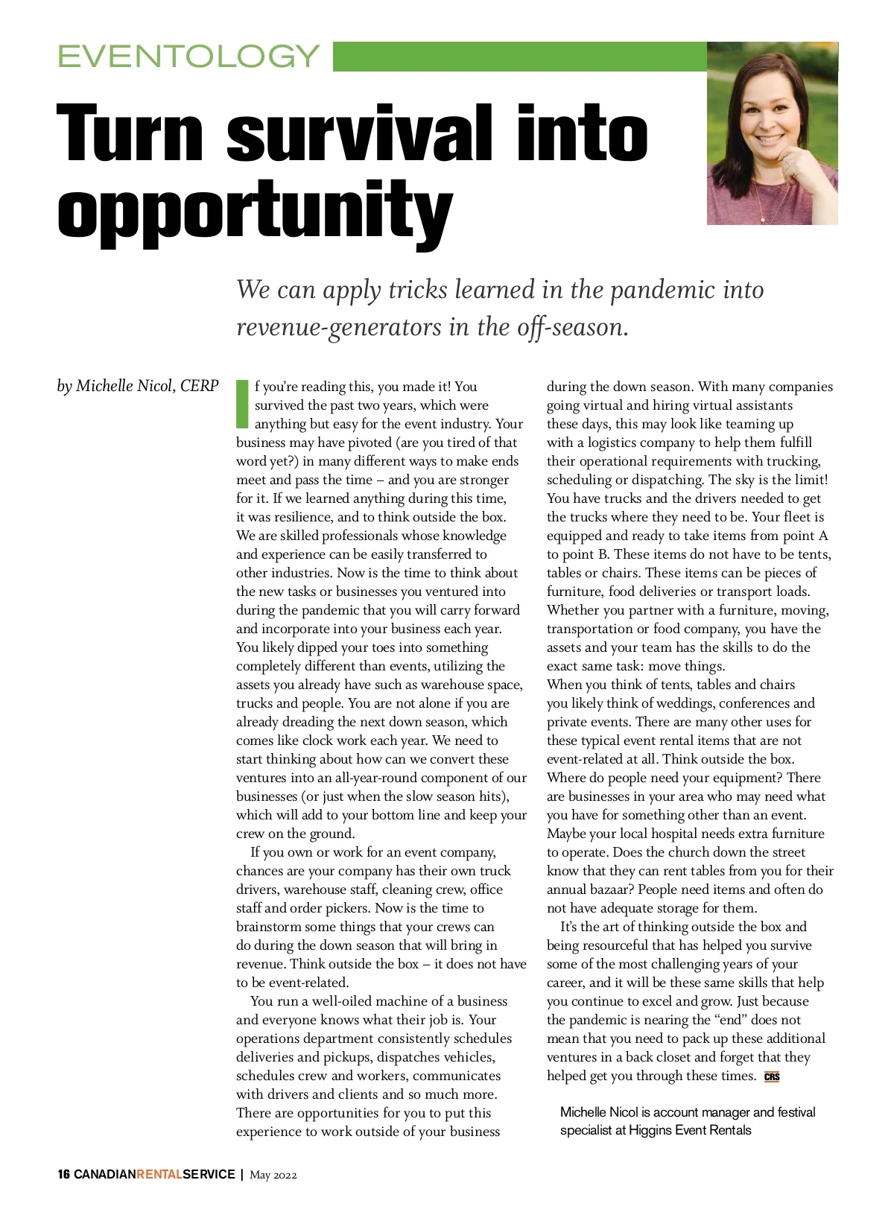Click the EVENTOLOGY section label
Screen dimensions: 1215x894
coord(188,56)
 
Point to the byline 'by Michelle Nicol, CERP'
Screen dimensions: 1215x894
coord(138,386)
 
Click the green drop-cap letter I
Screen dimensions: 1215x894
coord(241,405)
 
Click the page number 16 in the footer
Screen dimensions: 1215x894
coord(64,1175)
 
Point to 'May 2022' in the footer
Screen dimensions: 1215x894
coord(273,1176)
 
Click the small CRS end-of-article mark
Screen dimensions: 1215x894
coord(772,1077)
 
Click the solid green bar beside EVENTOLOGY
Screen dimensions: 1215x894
coord(519,56)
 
